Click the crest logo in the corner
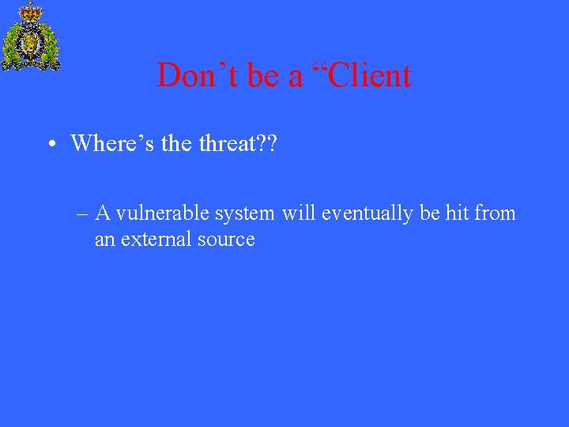click(31, 38)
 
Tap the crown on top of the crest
click(31, 12)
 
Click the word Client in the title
click(370, 76)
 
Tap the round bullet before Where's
click(50, 145)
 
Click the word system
click(245, 214)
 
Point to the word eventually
click(366, 213)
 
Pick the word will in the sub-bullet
click(299, 213)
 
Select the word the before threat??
click(175, 143)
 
